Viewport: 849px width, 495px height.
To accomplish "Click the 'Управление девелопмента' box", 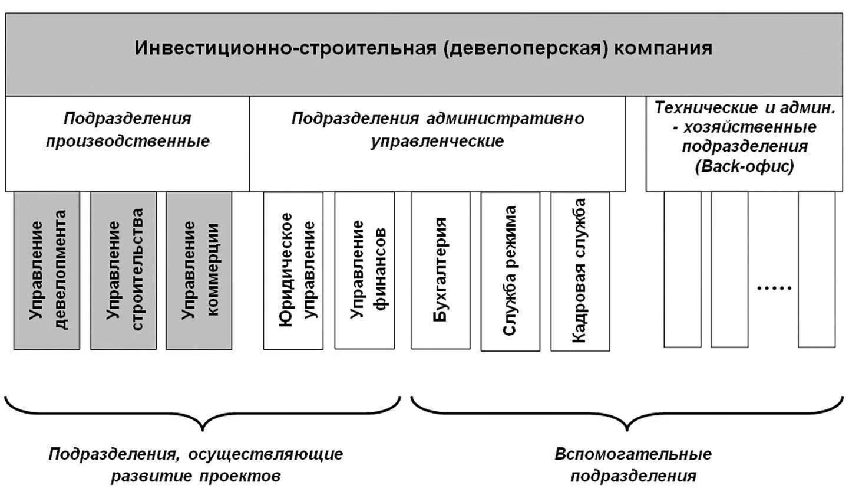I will [x=47, y=270].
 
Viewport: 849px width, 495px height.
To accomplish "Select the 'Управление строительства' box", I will [x=123, y=270].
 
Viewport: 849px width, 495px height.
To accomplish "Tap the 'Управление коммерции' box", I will [x=199, y=270].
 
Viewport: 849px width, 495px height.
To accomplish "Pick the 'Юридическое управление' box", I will [x=293, y=270].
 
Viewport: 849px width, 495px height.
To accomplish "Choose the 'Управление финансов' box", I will [x=364, y=270].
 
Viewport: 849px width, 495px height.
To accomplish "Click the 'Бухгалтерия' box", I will [x=441, y=270].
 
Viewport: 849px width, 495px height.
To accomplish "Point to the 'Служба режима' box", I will [x=510, y=271].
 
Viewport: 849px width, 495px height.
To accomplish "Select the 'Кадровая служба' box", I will [x=580, y=271].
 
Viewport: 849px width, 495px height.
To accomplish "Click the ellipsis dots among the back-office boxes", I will [x=773, y=288].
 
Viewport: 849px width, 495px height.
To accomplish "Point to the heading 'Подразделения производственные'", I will [x=128, y=130].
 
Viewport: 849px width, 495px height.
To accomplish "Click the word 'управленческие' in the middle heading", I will [x=437, y=142].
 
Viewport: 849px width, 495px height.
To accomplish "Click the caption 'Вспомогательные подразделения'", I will [x=633, y=465].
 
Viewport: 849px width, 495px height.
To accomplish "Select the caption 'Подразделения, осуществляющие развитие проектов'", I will [x=196, y=465].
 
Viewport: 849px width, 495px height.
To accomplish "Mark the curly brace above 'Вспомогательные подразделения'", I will [x=627, y=412].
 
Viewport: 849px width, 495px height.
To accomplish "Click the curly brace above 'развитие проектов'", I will [x=202, y=412].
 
